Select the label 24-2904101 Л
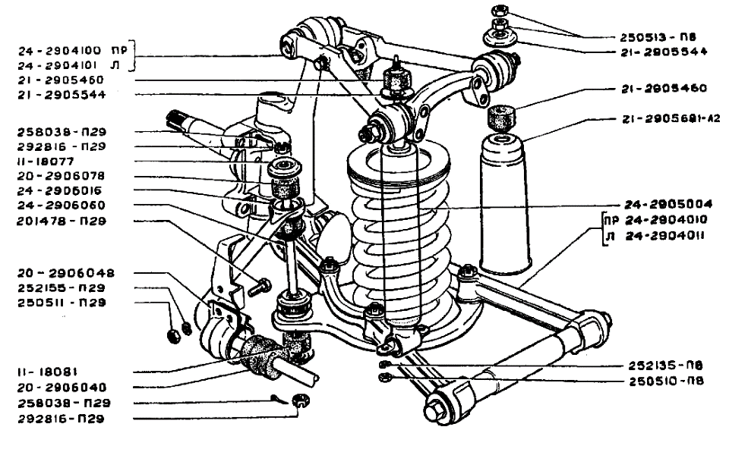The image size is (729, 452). click(x=69, y=65)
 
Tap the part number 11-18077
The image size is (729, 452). click(x=46, y=162)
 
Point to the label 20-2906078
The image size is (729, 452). click(x=61, y=176)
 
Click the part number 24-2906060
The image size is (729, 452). click(x=61, y=206)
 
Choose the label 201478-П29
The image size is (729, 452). click(x=62, y=221)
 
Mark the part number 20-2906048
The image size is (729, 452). click(x=66, y=273)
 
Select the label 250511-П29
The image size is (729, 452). click(x=62, y=303)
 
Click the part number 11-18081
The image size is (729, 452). click(x=47, y=372)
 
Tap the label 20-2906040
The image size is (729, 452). click(x=62, y=387)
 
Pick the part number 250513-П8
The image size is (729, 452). click(x=658, y=37)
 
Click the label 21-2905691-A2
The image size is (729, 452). click(x=671, y=119)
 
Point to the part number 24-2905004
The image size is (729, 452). click(x=668, y=204)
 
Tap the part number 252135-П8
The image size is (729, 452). click(x=666, y=366)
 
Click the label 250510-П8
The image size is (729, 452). click(x=666, y=381)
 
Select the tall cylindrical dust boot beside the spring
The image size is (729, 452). click(x=505, y=205)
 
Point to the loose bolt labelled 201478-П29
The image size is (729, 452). click(x=259, y=287)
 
